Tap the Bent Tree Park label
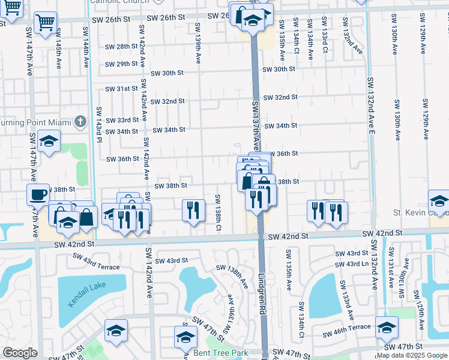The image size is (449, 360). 220,353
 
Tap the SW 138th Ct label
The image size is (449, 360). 218,213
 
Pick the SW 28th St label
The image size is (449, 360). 122,46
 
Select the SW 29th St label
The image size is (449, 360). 122,64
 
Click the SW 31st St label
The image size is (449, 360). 122,89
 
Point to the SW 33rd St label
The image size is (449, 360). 122,120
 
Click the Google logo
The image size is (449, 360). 20,353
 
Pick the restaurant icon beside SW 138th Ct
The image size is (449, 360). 191,209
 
